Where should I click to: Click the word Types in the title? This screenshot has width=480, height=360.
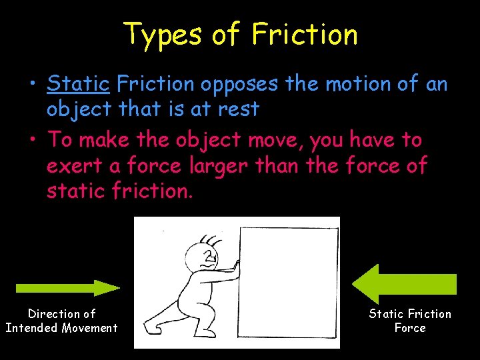pyautogui.click(x=162, y=35)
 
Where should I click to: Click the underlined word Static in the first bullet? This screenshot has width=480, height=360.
pyautogui.click(x=78, y=84)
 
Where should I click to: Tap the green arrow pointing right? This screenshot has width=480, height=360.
pyautogui.click(x=67, y=288)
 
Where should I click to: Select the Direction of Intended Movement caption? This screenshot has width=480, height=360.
pyautogui.click(x=61, y=321)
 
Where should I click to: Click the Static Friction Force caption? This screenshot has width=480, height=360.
pyautogui.click(x=410, y=321)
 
